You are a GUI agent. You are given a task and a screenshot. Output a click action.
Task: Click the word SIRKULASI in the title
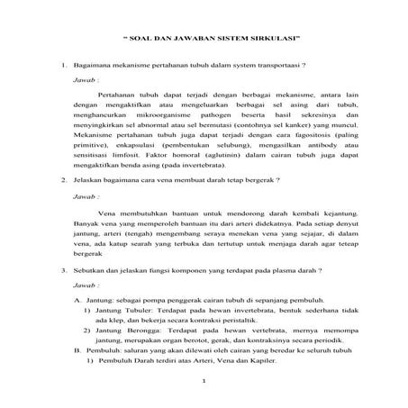click(269, 40)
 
